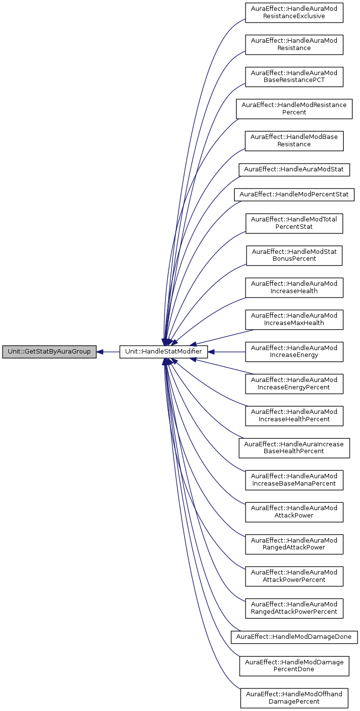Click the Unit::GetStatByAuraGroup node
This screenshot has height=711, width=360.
pyautogui.click(x=49, y=352)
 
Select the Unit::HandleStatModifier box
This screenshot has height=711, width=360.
pyautogui.click(x=164, y=352)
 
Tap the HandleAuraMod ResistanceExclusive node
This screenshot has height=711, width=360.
pyautogui.click(x=294, y=12)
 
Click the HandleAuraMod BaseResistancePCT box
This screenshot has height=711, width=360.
pyautogui.click(x=294, y=76)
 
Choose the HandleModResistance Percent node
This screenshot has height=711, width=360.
pyautogui.click(x=294, y=109)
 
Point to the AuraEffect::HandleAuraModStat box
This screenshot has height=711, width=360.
pyautogui.click(x=294, y=170)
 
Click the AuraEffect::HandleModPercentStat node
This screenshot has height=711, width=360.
pyautogui.click(x=294, y=194)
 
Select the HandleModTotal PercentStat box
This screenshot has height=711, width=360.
pyautogui.click(x=294, y=223)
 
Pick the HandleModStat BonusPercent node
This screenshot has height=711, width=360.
pyautogui.click(x=294, y=255)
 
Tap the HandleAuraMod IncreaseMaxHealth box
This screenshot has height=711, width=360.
pyautogui.click(x=294, y=320)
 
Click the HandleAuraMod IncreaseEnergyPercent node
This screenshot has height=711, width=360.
pyautogui.click(x=294, y=383)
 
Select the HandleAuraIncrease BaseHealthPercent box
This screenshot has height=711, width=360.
pyautogui.click(x=294, y=447)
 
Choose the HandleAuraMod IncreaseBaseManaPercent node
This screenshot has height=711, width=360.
pyautogui.click(x=294, y=480)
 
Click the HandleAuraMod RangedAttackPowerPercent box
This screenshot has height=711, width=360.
pyautogui.click(x=294, y=608)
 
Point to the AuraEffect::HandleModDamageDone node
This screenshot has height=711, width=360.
pyautogui.click(x=294, y=637)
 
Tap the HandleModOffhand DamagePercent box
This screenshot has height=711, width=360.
pyautogui.click(x=294, y=698)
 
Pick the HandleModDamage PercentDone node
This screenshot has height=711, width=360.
pyautogui.click(x=294, y=665)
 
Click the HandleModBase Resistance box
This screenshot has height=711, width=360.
pyautogui.click(x=294, y=140)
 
